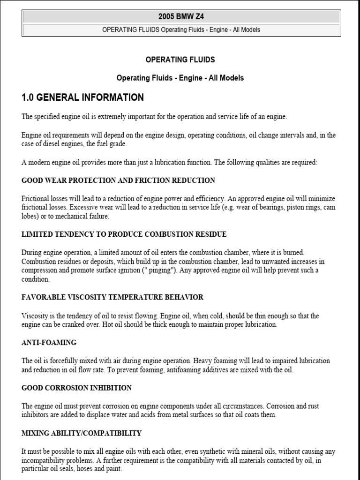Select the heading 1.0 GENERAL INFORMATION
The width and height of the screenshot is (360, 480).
point(82,97)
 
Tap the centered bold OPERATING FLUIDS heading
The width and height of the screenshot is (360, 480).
point(180,60)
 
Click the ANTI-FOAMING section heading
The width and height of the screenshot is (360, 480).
point(49,343)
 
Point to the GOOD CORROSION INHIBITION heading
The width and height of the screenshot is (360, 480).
point(76,388)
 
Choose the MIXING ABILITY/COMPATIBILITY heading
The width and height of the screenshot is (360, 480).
point(82,433)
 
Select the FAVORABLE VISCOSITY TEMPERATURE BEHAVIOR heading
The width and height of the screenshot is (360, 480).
point(112,297)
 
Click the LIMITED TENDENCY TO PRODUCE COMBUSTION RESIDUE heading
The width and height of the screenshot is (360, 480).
point(124,234)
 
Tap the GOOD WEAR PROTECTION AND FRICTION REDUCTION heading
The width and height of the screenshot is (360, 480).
point(119,180)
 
